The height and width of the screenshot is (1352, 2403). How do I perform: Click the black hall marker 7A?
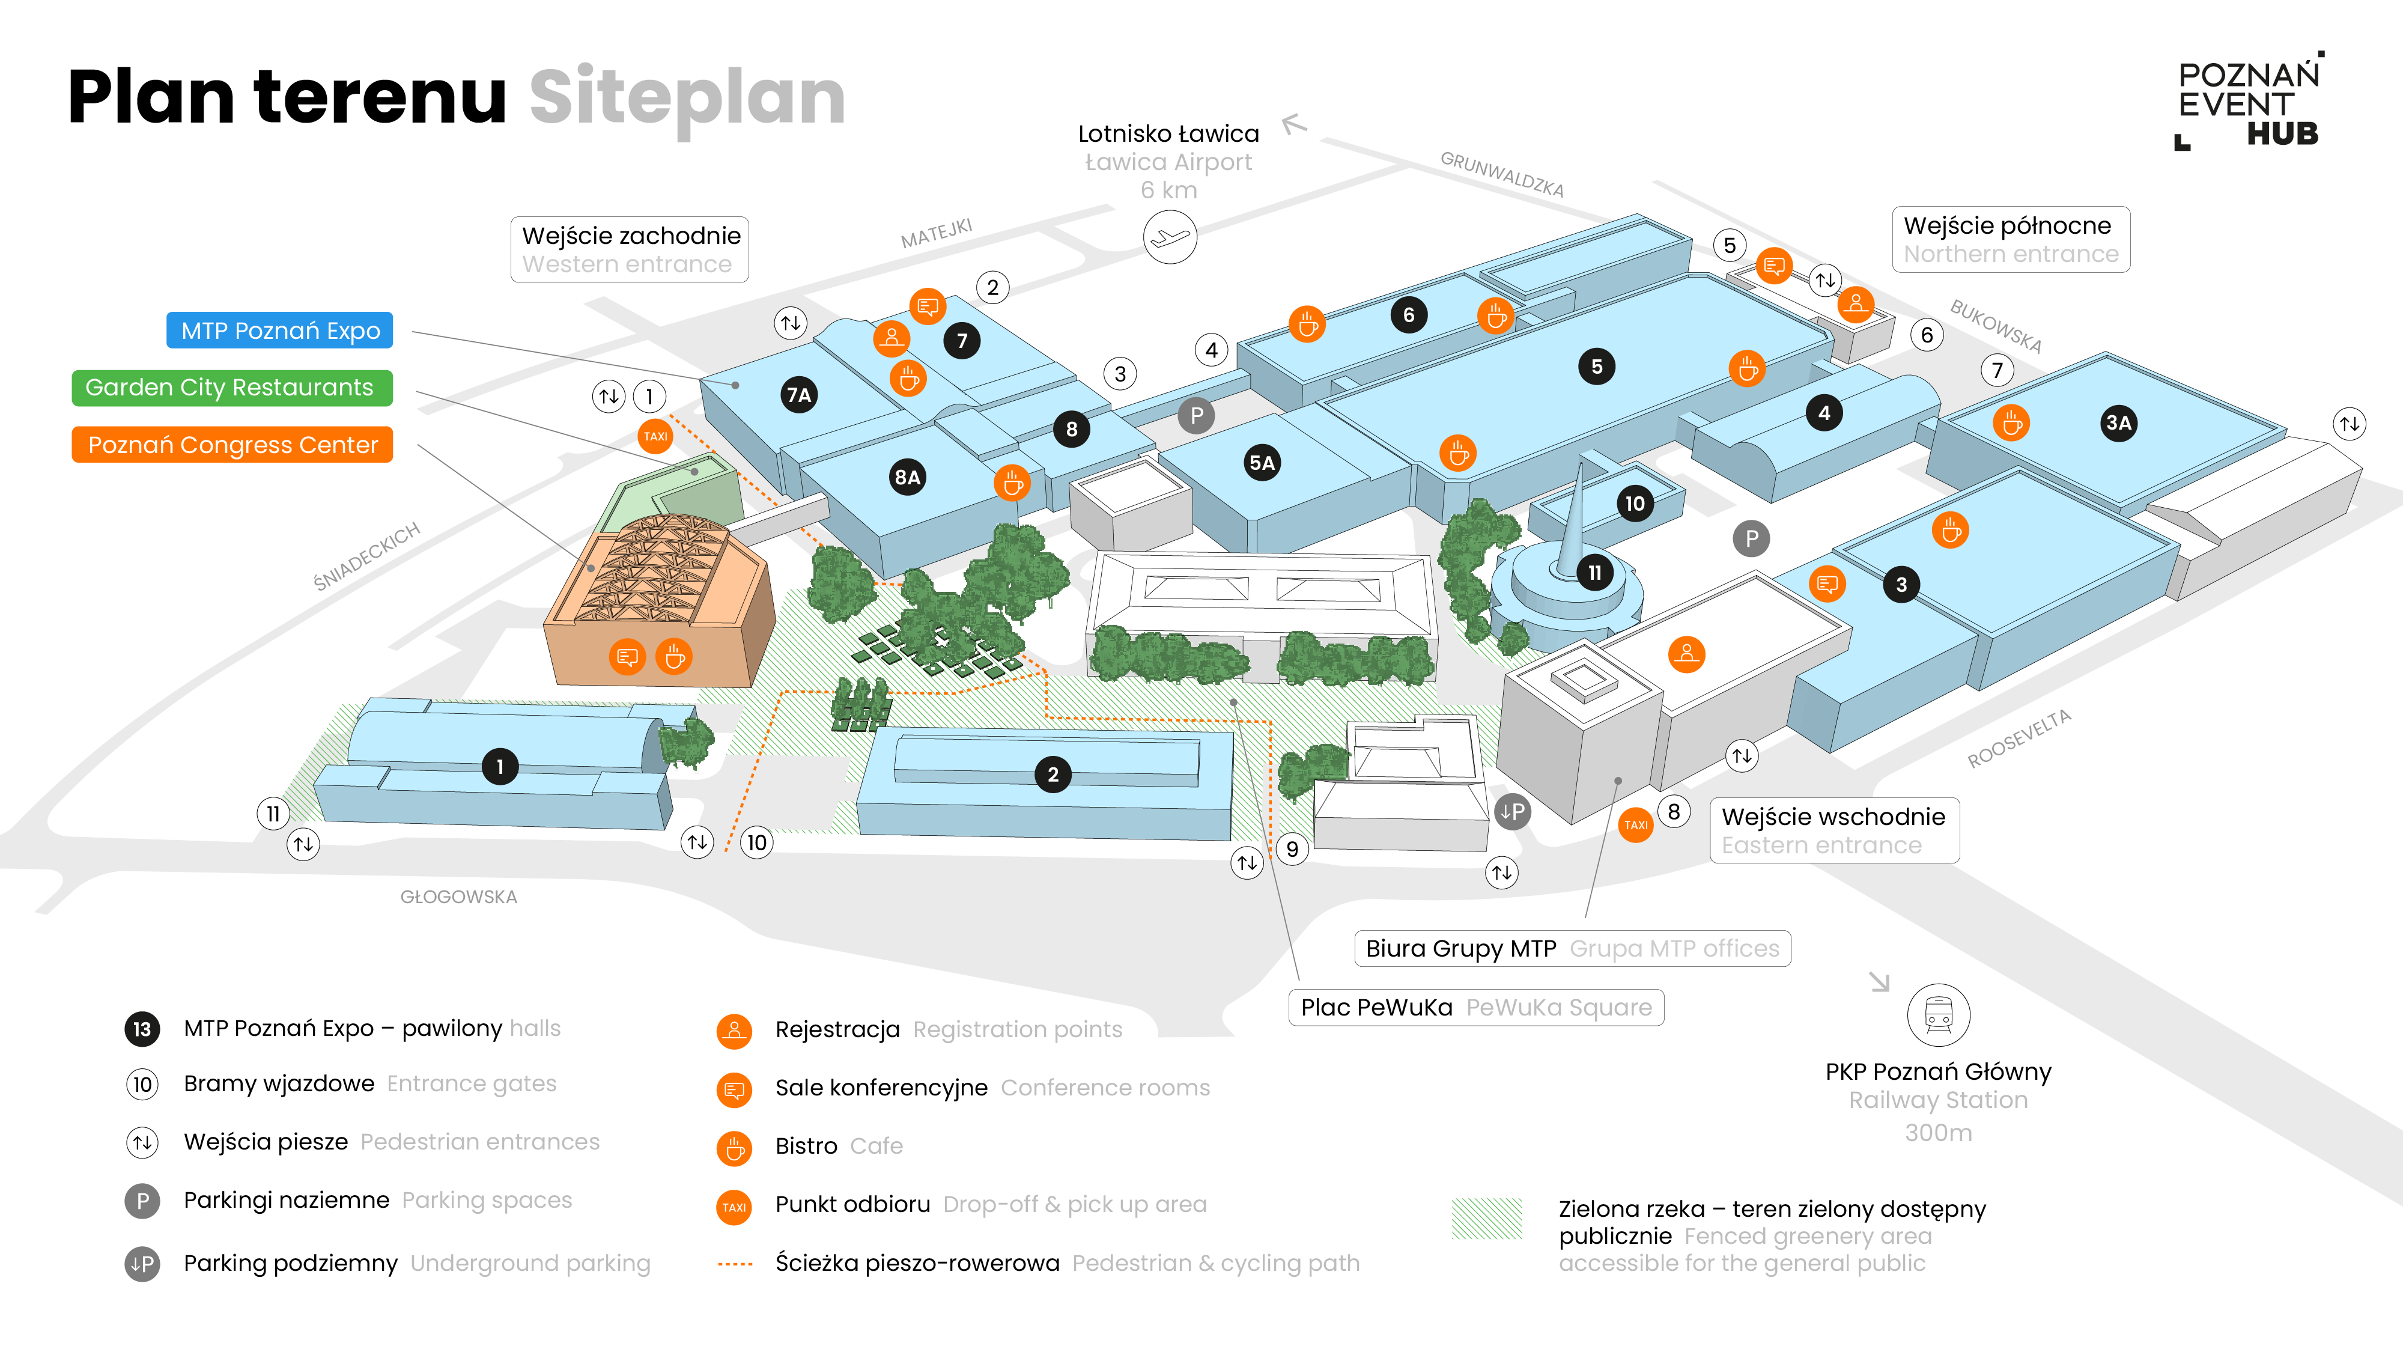[x=798, y=395]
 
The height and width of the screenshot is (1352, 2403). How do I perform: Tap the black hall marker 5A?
[x=1261, y=463]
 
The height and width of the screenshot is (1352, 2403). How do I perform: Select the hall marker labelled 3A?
[x=2118, y=422]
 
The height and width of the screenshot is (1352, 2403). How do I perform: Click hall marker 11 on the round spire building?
[x=1594, y=572]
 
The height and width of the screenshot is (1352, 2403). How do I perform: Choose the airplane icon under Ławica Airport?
[x=1170, y=237]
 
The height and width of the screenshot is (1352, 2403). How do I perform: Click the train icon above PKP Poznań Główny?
[x=1939, y=1015]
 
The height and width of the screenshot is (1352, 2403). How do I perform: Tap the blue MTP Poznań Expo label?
[x=280, y=330]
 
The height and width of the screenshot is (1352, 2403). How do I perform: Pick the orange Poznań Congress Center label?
[x=232, y=444]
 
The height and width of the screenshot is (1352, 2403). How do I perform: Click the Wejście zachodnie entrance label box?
[x=630, y=249]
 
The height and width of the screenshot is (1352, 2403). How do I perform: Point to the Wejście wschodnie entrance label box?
[x=1834, y=830]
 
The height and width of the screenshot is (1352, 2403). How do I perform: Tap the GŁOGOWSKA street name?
[x=458, y=897]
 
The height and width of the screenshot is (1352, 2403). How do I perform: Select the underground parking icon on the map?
[x=1512, y=812]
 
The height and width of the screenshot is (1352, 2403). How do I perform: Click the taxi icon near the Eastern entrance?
[x=1635, y=825]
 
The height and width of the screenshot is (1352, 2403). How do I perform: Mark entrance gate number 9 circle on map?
[x=1292, y=849]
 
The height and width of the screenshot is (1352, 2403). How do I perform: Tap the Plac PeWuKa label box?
[x=1476, y=1008]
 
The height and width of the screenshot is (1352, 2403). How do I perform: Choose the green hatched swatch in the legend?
[x=1486, y=1219]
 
